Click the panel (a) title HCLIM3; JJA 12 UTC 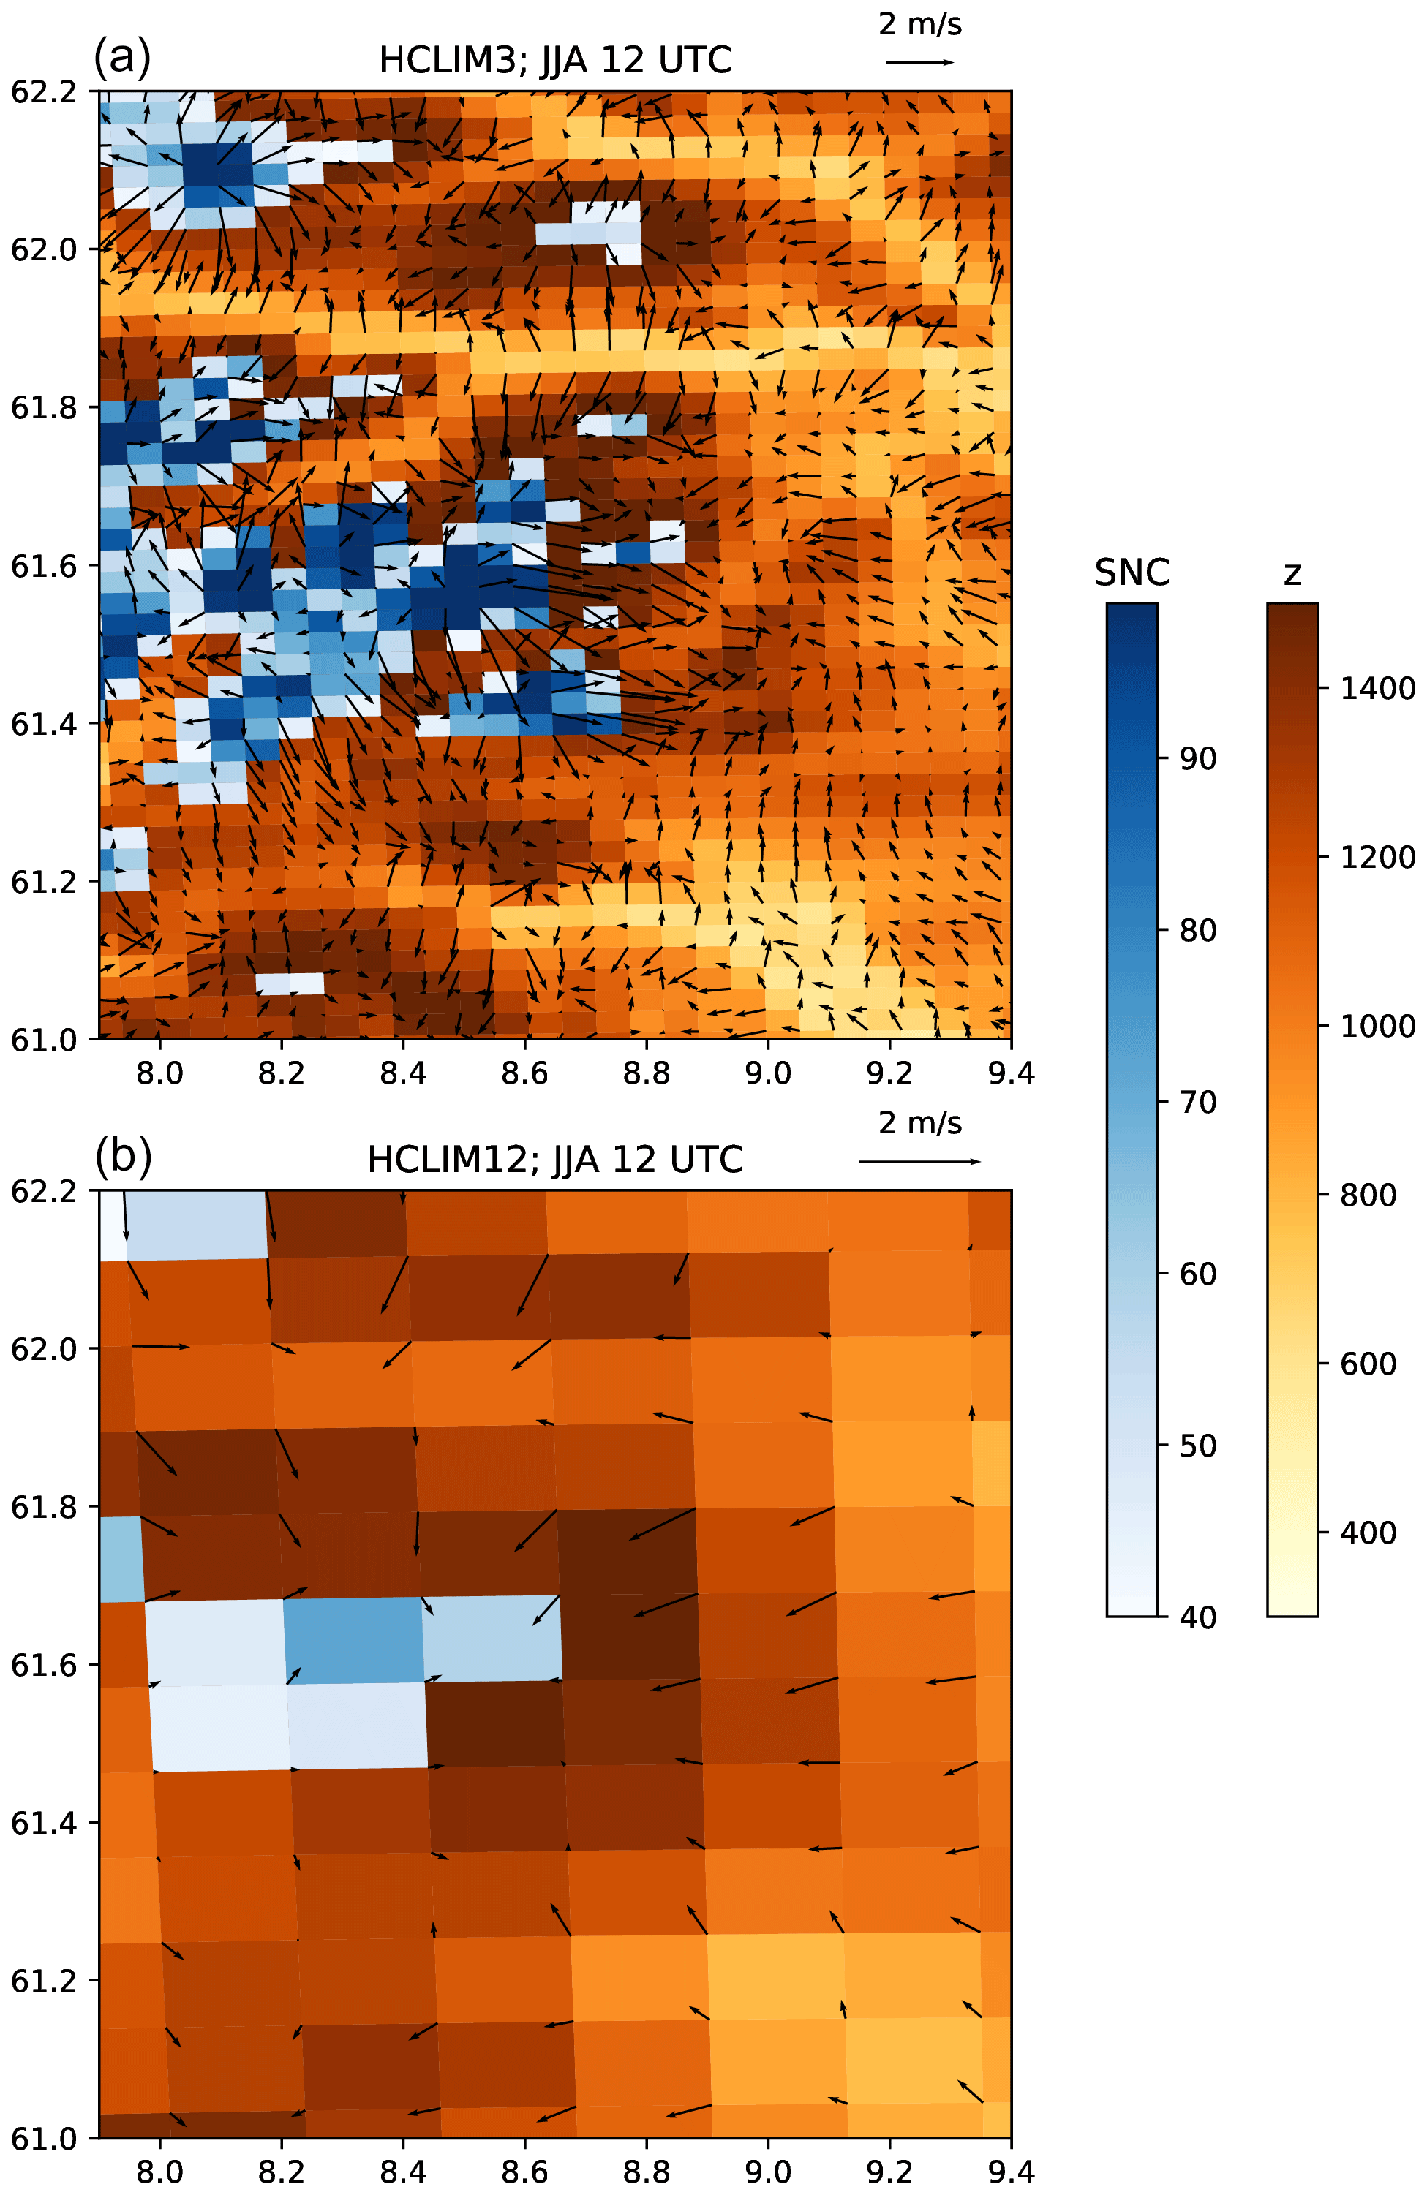click(x=554, y=61)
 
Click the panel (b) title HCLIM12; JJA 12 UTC click(x=554, y=1160)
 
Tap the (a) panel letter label click(x=121, y=57)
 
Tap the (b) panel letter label click(x=123, y=1155)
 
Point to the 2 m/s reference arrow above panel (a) click(x=919, y=62)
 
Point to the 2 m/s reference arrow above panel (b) click(x=919, y=1161)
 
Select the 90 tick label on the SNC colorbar click(x=1198, y=758)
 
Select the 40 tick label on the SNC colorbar click(x=1198, y=1617)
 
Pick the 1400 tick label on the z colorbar click(x=1377, y=688)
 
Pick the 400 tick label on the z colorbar click(x=1367, y=1533)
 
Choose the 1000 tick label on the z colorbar click(x=1377, y=1026)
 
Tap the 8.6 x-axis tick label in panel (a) click(x=525, y=1073)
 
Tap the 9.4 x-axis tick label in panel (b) click(x=1011, y=2172)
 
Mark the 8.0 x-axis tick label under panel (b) click(x=159, y=2172)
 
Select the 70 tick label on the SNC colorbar click(x=1198, y=1102)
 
